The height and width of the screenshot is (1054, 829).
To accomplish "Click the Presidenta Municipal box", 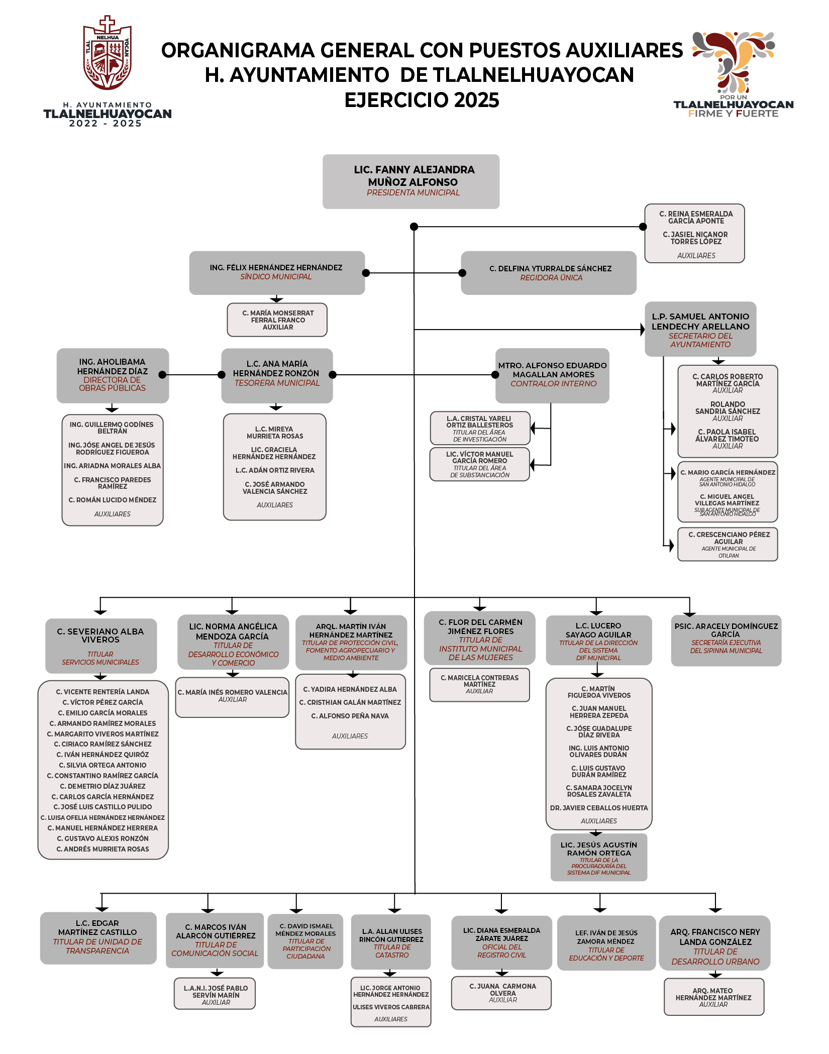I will [x=411, y=181].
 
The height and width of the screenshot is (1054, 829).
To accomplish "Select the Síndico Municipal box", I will [x=277, y=272].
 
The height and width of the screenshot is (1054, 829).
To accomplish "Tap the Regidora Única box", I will [x=549, y=273].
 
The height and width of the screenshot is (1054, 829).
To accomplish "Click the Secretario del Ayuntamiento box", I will [x=700, y=330].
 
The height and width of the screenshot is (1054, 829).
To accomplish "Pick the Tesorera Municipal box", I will [x=277, y=375].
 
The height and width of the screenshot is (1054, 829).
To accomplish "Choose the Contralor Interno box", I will [x=553, y=375].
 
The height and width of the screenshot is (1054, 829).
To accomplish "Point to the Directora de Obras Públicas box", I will [x=113, y=375].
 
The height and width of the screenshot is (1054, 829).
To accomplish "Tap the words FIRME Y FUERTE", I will [x=733, y=114].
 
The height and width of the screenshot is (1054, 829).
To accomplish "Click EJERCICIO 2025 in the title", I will [x=422, y=100].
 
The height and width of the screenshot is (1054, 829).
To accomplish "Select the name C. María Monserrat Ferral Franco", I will [x=278, y=317].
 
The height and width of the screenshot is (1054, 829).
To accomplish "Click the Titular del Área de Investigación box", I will [x=480, y=428].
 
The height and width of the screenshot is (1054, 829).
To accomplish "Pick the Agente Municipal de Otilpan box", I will [x=728, y=544].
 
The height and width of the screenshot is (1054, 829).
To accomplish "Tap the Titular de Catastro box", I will [x=391, y=942].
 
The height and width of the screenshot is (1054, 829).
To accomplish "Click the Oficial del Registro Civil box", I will [x=501, y=942].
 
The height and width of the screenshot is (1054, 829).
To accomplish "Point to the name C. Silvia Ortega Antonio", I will [x=103, y=765].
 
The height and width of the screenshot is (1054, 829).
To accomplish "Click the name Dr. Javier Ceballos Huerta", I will [x=599, y=808].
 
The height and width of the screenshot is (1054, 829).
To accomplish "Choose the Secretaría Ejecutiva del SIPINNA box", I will [x=726, y=641].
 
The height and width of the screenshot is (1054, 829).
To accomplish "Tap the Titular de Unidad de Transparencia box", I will [x=98, y=938].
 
